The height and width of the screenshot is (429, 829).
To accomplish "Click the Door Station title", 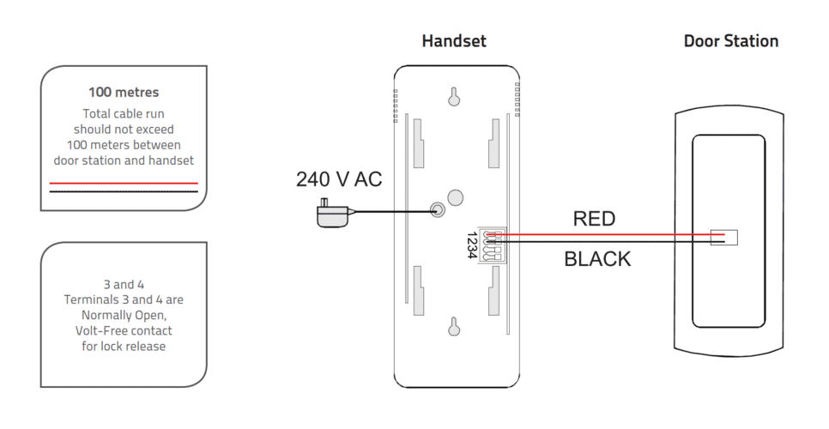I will pos(730,41).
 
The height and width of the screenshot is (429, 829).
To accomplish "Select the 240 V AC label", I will pos(338,179).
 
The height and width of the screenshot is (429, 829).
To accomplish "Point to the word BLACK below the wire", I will pos(597,259).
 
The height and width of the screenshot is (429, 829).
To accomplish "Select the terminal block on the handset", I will pos(493,245).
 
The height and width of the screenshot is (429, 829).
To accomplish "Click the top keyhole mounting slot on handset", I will pos(456,96).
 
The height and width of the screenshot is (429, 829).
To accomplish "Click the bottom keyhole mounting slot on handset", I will pos(456,327).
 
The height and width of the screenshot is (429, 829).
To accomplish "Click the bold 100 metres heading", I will pos(124,92).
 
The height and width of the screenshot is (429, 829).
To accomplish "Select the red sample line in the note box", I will pos(124,183).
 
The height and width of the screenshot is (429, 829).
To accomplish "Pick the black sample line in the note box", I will pos(124,191).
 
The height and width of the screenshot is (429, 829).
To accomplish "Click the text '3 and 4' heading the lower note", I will pos(124,284).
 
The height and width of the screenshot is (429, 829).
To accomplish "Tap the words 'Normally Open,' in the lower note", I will pos(124,315).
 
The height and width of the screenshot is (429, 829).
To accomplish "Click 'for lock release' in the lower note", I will pos(124,346).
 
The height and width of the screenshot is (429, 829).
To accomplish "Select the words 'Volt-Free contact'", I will pos(124,330).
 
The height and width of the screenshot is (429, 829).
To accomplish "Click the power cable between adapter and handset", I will pos(390,212).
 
